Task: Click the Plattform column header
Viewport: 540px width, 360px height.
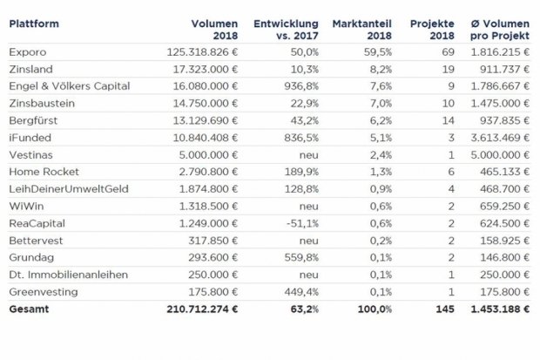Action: coord(34,24)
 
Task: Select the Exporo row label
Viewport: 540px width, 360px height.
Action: coord(28,52)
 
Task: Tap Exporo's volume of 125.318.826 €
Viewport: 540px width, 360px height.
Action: coord(202,52)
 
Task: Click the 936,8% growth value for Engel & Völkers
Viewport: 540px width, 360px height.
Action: coord(301,86)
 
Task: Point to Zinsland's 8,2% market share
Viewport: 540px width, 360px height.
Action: coord(381,70)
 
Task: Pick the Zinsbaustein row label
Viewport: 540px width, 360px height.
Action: coord(42,104)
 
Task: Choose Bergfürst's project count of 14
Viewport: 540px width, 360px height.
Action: coord(448,120)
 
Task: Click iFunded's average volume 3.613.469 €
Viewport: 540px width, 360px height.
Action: coord(500,138)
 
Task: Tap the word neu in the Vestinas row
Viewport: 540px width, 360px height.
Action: coord(309,155)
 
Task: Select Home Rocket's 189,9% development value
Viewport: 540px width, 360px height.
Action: coord(301,172)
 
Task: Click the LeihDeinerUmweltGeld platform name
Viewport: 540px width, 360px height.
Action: coord(69,189)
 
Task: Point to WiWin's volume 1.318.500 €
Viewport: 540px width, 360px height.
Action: coord(208,207)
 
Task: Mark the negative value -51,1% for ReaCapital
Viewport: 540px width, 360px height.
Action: coord(303,223)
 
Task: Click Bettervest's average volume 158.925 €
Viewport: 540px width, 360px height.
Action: coord(505,241)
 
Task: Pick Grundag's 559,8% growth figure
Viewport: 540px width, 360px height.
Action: coord(301,258)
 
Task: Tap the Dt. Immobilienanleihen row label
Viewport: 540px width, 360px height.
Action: coord(69,275)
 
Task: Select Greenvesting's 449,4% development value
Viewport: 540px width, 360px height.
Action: coord(301,292)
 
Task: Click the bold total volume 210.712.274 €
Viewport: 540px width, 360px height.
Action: coord(202,309)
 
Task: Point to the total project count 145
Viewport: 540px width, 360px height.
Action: coord(445,309)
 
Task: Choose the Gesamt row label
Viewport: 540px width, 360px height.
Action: coord(29,309)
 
